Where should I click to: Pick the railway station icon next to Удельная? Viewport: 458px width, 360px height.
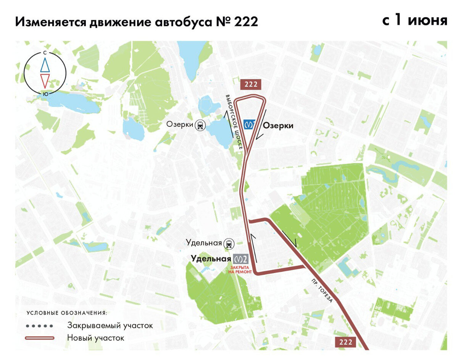coord(229,243)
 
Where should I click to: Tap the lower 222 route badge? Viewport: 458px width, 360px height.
coord(345,342)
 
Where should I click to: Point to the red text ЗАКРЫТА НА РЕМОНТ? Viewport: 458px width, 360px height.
coord(240,270)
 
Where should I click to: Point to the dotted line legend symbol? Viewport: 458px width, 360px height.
coord(39,326)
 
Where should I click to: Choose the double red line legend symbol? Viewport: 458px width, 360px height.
coord(39,338)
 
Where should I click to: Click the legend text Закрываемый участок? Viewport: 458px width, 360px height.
coord(110,326)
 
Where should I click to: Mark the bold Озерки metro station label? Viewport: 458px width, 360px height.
coord(278,126)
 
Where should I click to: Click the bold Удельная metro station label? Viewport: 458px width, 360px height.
coord(211,258)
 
